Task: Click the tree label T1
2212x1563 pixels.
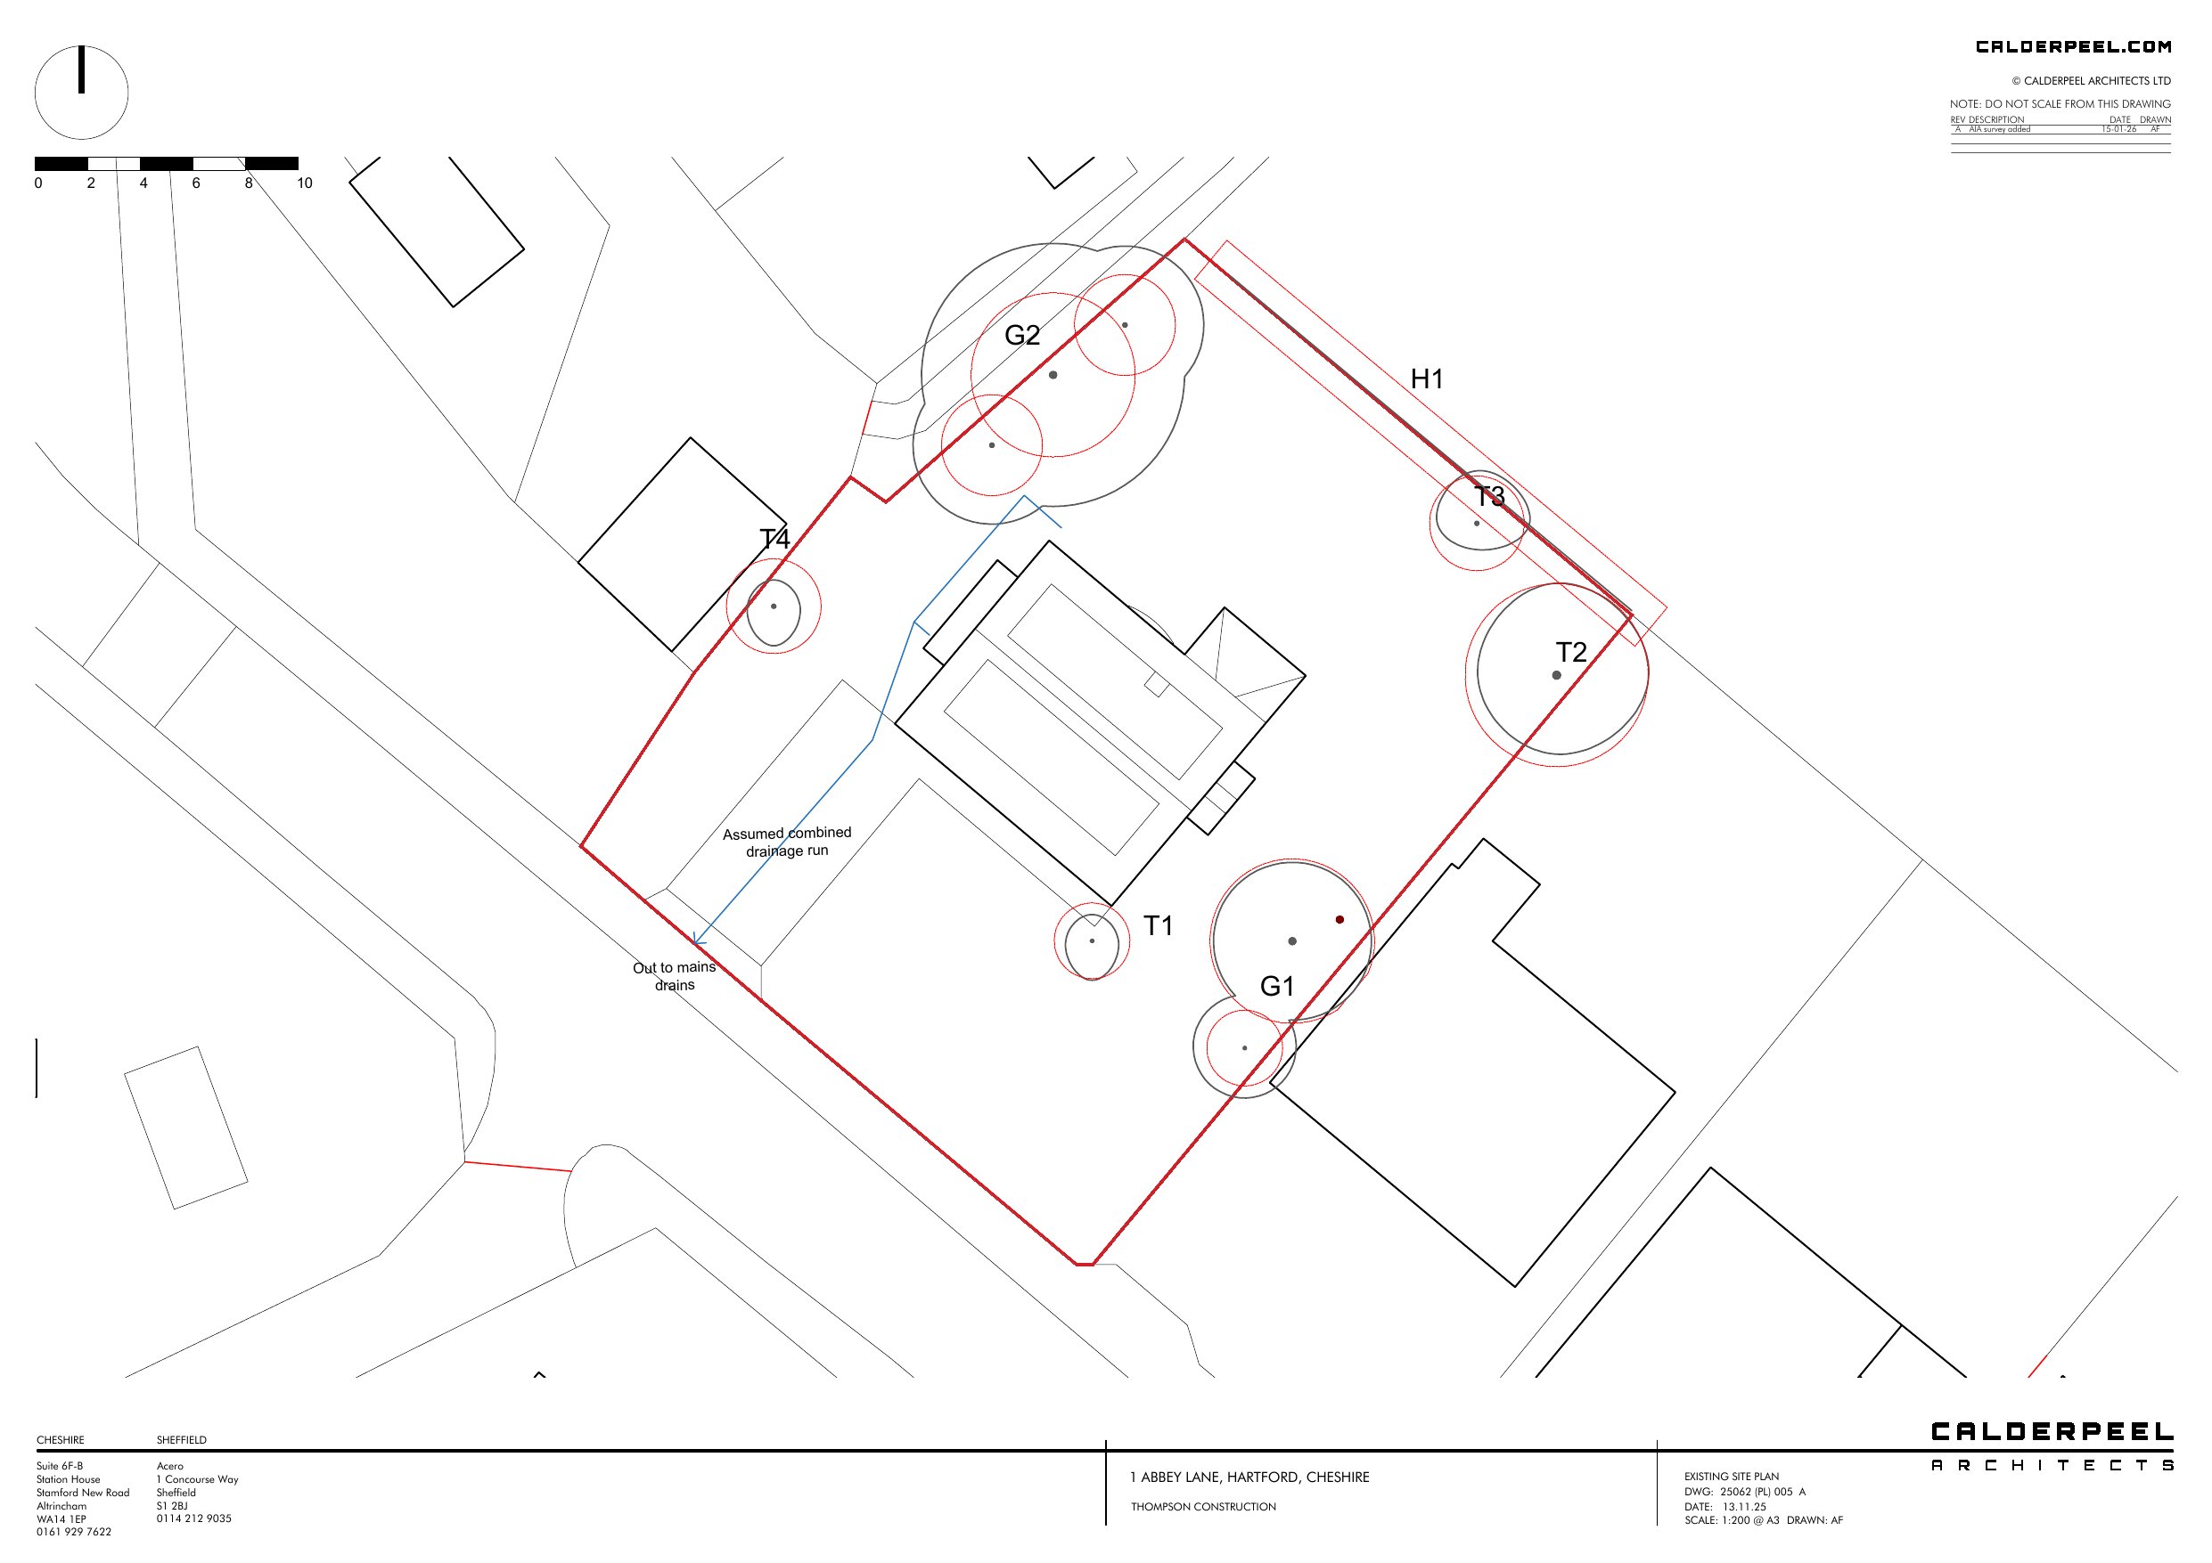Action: pyautogui.click(x=1157, y=925)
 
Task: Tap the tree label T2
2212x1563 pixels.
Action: pyautogui.click(x=1570, y=652)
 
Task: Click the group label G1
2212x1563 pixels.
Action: pyautogui.click(x=1276, y=986)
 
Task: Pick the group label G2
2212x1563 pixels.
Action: pyautogui.click(x=1021, y=335)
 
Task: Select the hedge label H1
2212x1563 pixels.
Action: pyautogui.click(x=1426, y=379)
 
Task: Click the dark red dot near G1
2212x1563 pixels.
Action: pyautogui.click(x=1339, y=920)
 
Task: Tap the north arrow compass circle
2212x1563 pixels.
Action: pyautogui.click(x=82, y=93)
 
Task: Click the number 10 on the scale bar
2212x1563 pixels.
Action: pyautogui.click(x=305, y=183)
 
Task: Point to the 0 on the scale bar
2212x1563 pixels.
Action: pyautogui.click(x=38, y=183)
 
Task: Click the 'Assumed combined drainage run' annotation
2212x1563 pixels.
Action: pyautogui.click(x=787, y=842)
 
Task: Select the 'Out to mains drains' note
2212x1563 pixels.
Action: pyautogui.click(x=675, y=975)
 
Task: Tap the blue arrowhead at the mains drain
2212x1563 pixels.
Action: pyautogui.click(x=698, y=940)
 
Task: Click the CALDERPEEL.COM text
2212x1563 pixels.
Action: pyautogui.click(x=2073, y=46)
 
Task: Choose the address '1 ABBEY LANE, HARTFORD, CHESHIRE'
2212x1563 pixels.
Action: pyautogui.click(x=1249, y=1478)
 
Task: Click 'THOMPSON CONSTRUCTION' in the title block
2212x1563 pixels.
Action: pyautogui.click(x=1203, y=1506)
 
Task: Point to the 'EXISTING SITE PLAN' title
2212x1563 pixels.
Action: pyautogui.click(x=1732, y=1477)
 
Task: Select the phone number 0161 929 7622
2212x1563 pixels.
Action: pyautogui.click(x=74, y=1531)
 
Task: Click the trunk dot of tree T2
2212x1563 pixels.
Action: pyautogui.click(x=1556, y=675)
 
